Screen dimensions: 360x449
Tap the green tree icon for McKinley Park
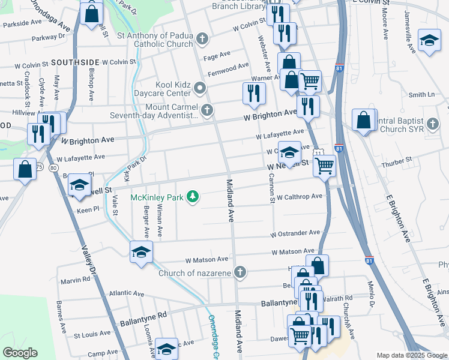pos(193,197)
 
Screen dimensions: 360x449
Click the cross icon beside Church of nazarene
pos(240,273)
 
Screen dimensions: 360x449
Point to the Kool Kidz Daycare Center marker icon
pos(200,89)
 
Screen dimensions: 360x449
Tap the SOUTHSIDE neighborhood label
pos(74,62)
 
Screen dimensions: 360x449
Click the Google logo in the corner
pos(20,353)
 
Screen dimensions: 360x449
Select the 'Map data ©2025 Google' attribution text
pos(411,355)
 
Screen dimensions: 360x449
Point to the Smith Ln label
pos(421,95)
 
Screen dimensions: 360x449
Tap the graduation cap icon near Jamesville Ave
pos(429,40)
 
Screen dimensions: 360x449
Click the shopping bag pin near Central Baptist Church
pos(364,119)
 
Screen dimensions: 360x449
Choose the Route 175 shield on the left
pos(39,167)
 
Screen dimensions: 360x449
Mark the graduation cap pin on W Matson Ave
pos(140,252)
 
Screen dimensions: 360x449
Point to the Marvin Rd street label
pos(75,280)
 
